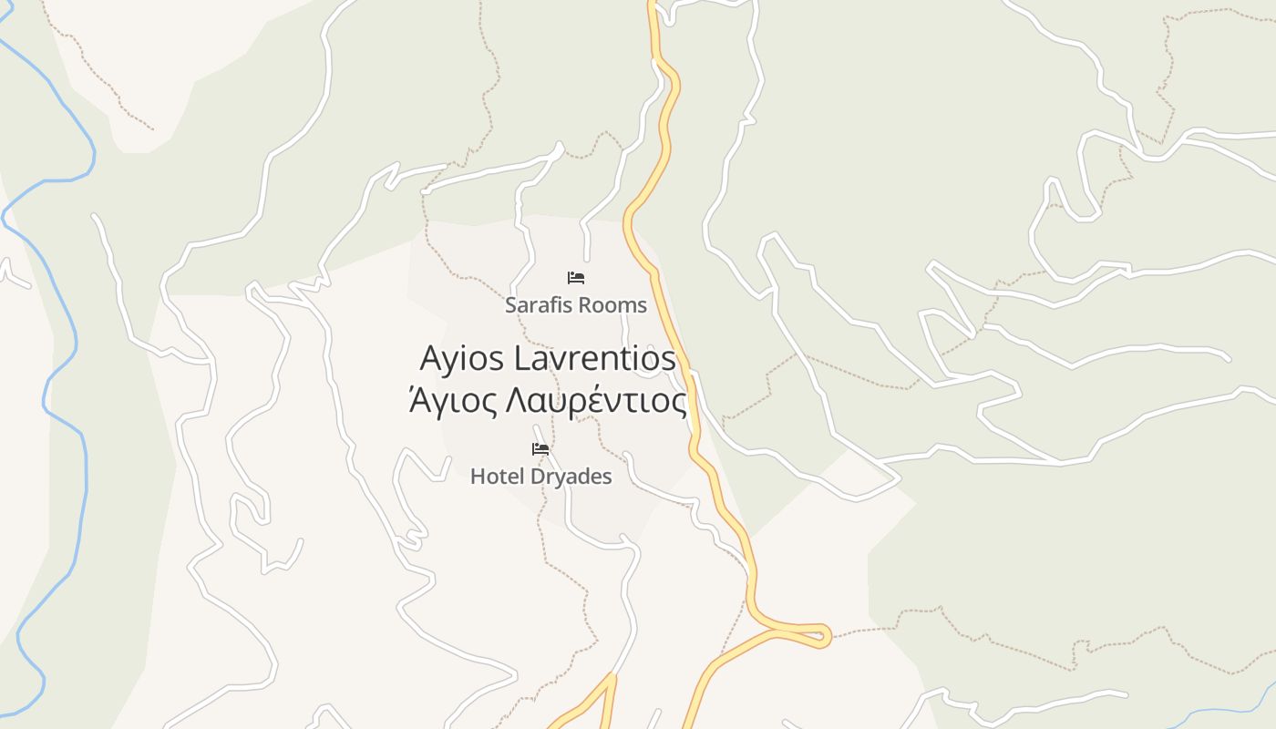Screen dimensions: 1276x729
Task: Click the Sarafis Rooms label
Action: pos(576,305)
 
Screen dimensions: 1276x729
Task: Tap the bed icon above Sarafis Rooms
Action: pos(576,278)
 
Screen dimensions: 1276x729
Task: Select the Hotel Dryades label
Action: pos(540,476)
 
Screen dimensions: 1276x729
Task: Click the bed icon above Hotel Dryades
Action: pos(540,448)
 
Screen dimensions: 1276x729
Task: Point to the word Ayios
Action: pos(461,358)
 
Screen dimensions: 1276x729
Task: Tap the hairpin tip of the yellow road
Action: pos(825,635)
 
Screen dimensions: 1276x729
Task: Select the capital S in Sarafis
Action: pos(511,305)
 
